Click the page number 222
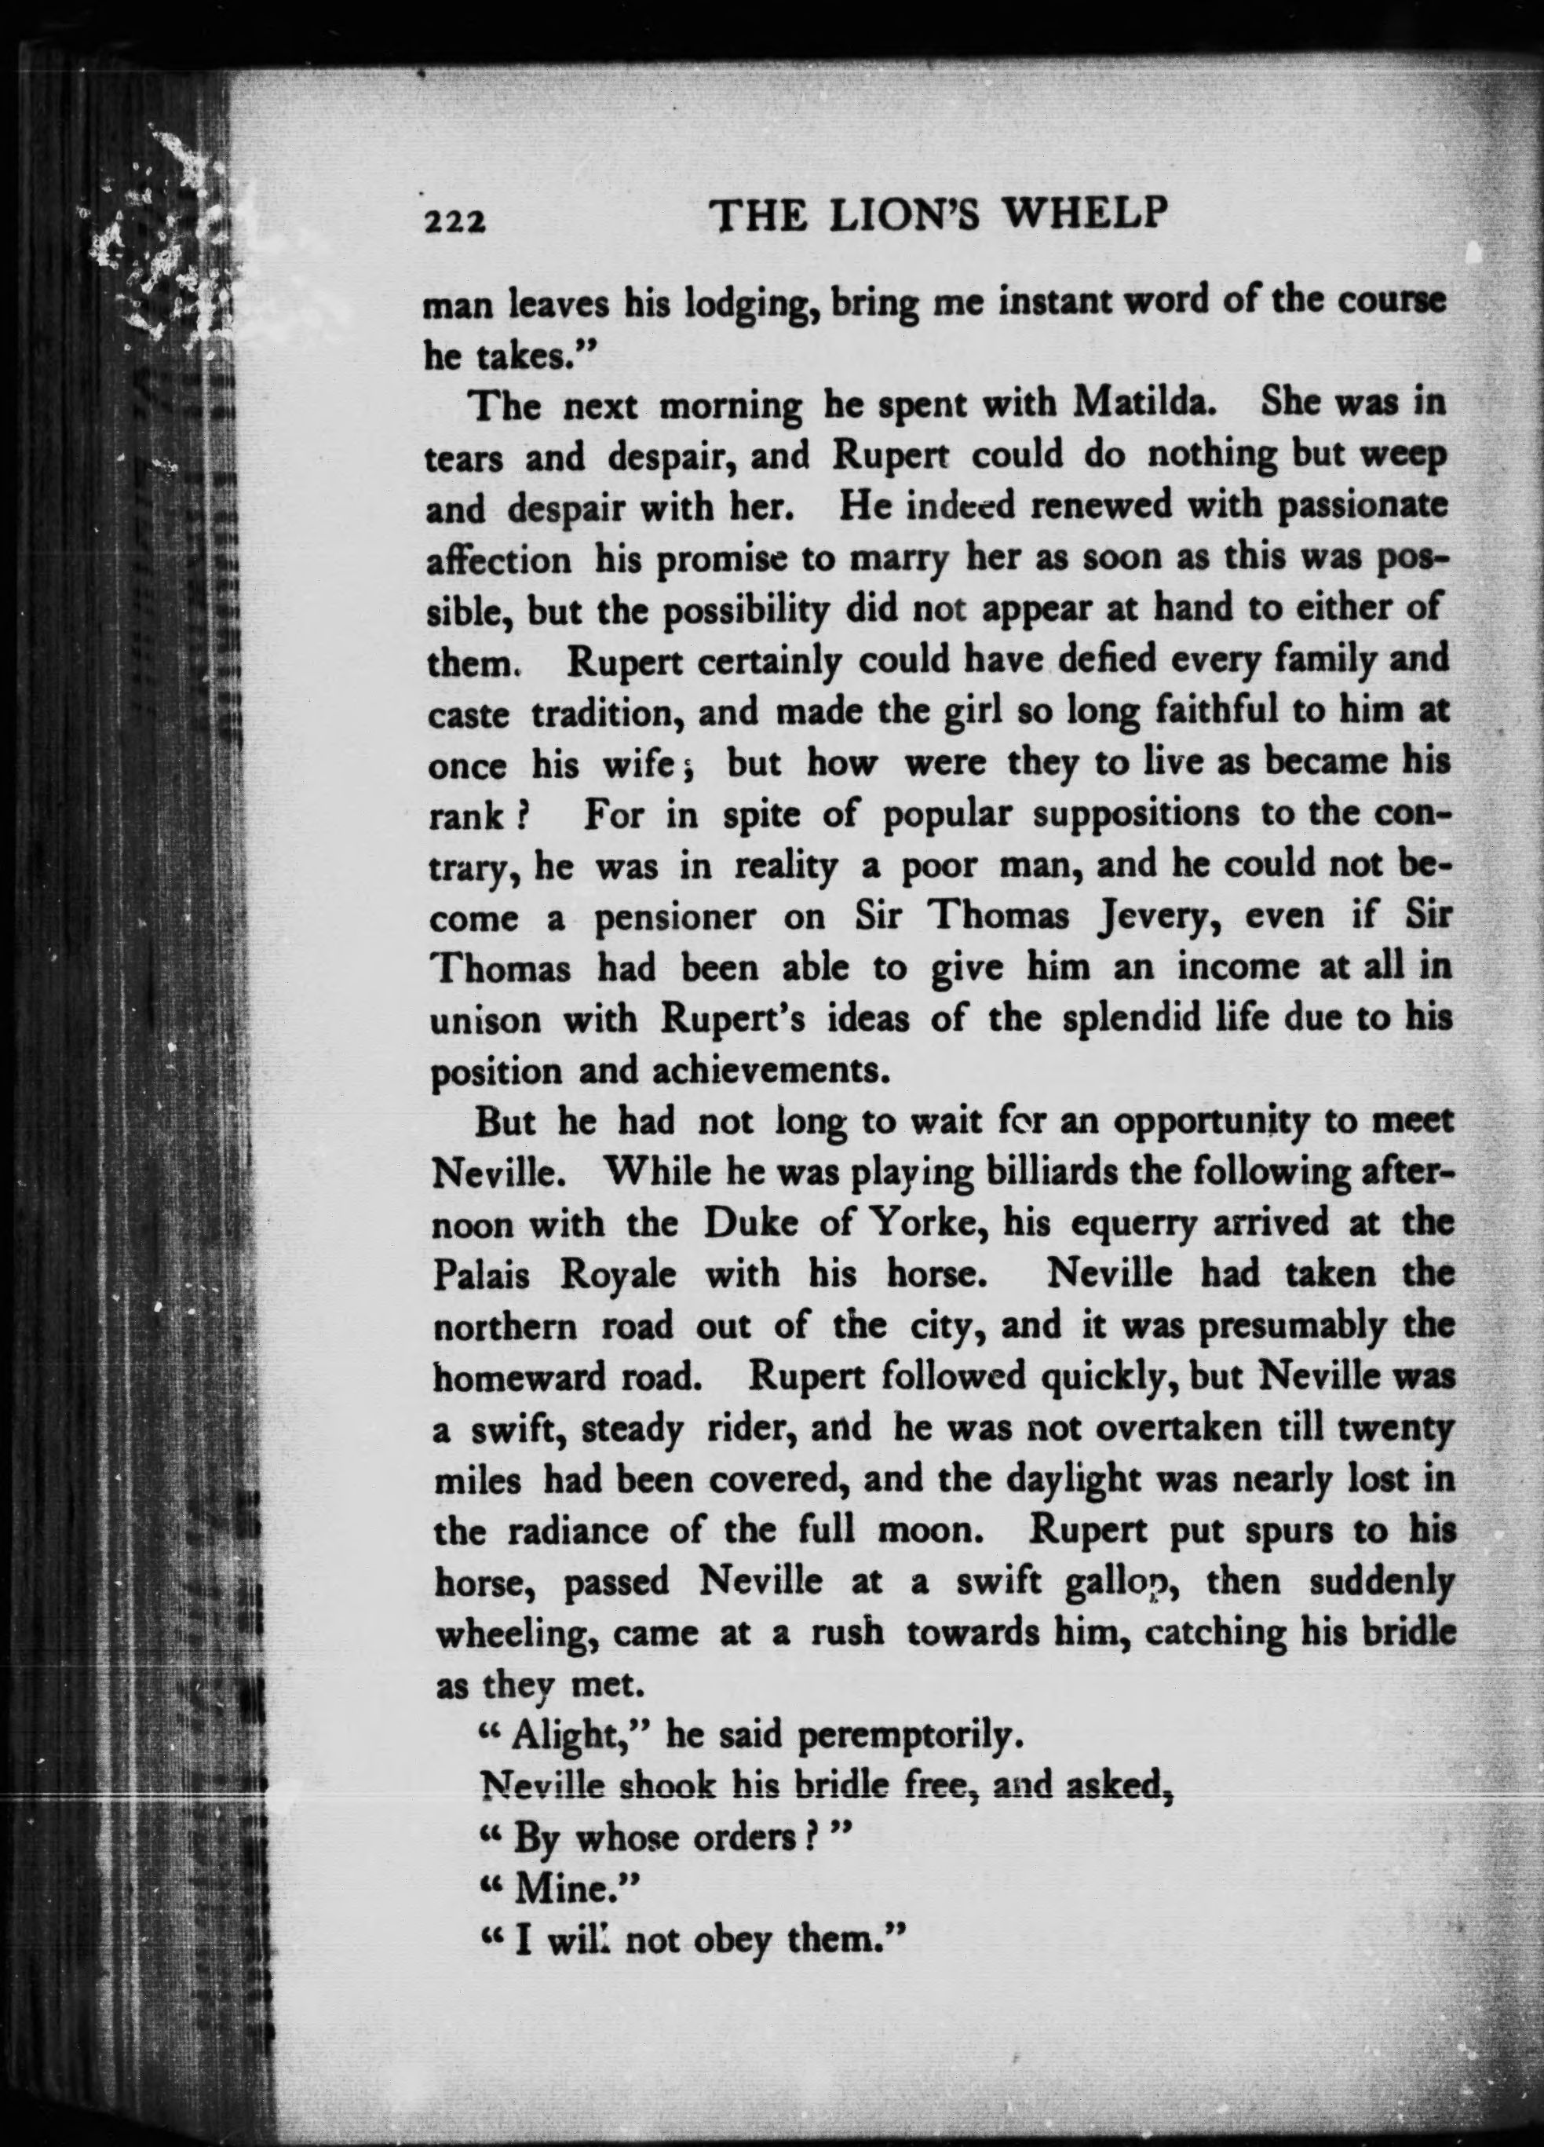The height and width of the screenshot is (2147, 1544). pos(454,221)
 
